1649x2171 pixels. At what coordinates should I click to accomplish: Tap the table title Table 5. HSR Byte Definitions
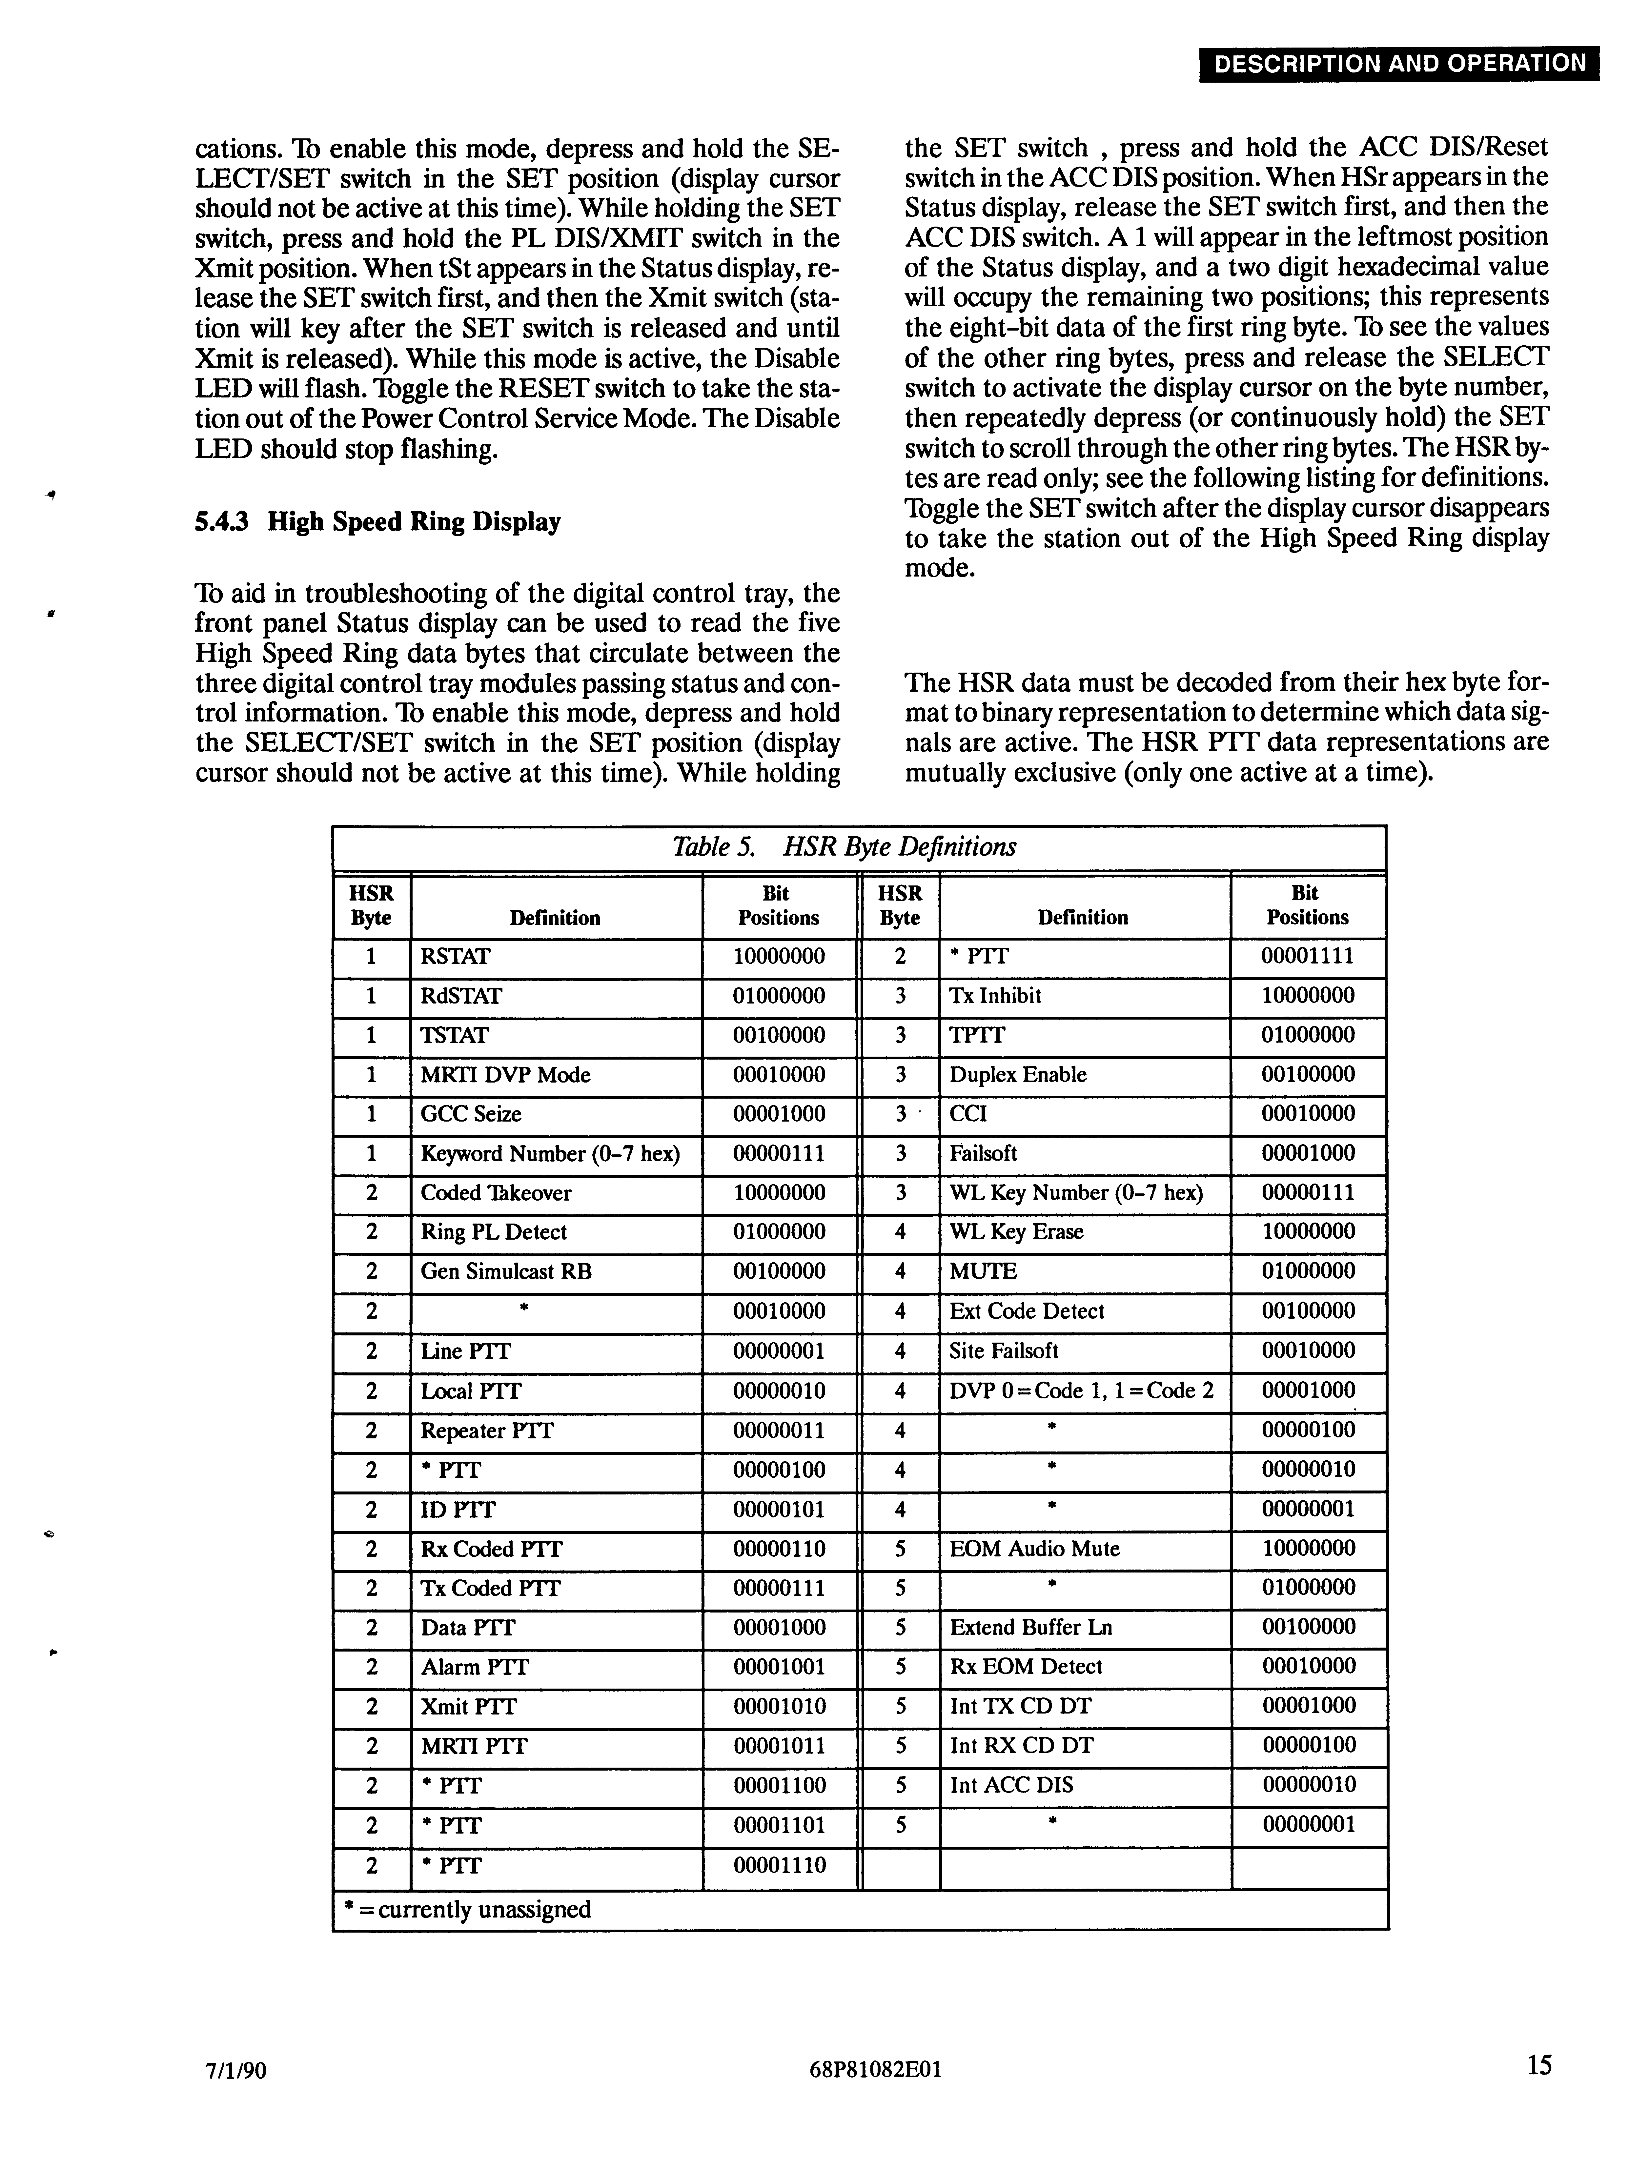coord(844,847)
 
